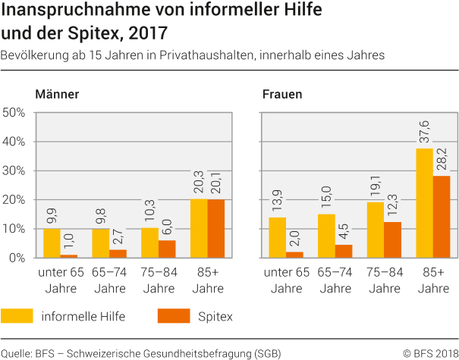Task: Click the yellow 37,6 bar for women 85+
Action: (424, 203)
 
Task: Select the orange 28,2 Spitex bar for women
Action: (442, 217)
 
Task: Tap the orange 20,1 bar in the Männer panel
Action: (216, 228)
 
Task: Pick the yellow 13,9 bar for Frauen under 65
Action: (278, 237)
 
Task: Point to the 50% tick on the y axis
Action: (16, 113)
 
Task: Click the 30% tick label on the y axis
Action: (16, 171)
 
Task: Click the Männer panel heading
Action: (57, 95)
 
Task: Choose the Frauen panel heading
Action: (281, 95)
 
